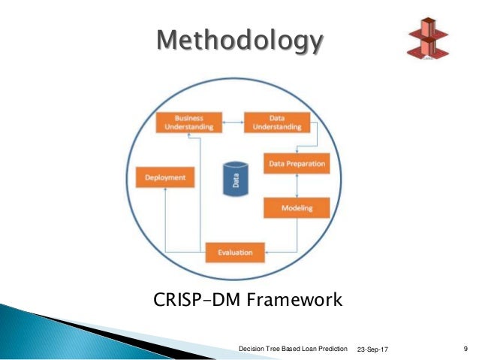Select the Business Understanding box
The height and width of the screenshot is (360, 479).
tap(189, 123)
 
